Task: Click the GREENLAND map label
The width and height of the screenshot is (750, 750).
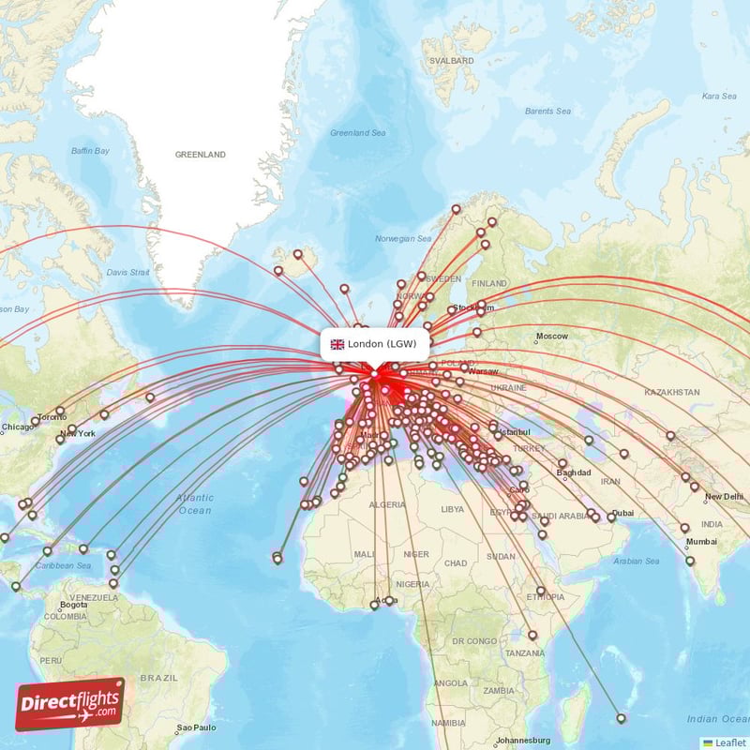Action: tap(200, 154)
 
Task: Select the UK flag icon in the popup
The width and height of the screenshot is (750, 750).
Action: tap(337, 344)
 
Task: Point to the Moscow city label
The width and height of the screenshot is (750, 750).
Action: tap(551, 337)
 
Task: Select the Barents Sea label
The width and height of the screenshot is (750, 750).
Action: tap(547, 112)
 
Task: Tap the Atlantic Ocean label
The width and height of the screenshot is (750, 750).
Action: tap(195, 504)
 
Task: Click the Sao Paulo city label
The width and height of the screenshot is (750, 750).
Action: tap(197, 727)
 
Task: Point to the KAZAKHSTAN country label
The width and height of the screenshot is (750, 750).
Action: tap(666, 392)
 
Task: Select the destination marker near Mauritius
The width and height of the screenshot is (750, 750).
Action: tap(621, 718)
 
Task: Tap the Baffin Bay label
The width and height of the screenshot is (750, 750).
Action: tap(91, 151)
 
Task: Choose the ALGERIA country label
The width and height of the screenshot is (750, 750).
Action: tap(387, 504)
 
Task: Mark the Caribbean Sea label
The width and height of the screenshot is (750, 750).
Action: tap(63, 566)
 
